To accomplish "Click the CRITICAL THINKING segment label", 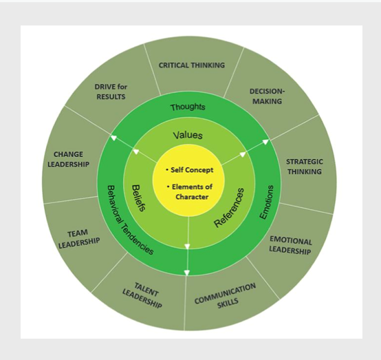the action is point(192,65).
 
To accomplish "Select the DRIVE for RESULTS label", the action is point(111,92).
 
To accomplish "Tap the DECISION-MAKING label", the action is point(267,96).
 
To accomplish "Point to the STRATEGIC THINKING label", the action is point(305,167).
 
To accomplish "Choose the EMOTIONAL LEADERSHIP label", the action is point(290,245).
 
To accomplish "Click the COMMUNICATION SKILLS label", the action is point(226,295).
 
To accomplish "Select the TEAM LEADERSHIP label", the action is point(79,240).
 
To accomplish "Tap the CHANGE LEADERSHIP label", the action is point(69,159).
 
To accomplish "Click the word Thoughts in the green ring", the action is point(188,107).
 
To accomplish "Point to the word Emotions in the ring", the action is point(267,202).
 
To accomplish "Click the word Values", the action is point(188,135).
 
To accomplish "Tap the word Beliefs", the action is point(139,198).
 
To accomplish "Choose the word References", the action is point(229,207).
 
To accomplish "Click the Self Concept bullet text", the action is point(190,170).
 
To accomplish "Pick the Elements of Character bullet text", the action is point(190,191).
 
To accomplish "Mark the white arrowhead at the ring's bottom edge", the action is point(186,273).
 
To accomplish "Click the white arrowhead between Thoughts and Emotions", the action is point(266,141).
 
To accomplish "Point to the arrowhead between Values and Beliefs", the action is point(136,151).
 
